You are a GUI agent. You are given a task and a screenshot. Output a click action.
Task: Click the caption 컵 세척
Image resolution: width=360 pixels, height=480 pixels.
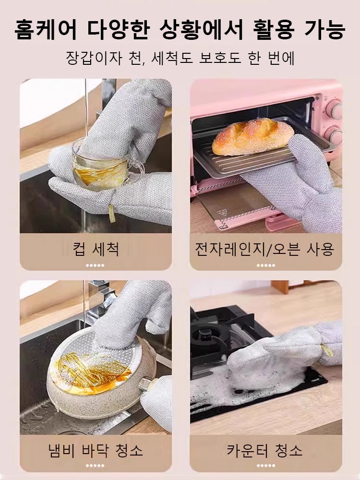tap(96, 249)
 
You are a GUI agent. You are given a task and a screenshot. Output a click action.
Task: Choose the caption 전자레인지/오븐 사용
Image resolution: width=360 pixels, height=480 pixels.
tap(264, 249)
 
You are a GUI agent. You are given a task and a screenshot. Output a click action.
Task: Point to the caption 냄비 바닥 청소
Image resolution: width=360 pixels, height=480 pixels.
tap(96, 450)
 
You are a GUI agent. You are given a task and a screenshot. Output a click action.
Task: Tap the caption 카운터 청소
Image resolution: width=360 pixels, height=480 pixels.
tap(264, 450)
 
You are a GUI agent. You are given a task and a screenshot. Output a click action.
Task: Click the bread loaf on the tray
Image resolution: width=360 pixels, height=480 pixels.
tap(252, 136)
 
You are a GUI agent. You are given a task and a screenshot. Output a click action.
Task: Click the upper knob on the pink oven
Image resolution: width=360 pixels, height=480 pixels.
tap(334, 109)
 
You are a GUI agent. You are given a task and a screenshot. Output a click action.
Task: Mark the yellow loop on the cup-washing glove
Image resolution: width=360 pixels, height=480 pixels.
tap(112, 214)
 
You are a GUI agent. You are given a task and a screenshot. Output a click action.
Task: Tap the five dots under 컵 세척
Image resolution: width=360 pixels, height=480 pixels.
tap(96, 265)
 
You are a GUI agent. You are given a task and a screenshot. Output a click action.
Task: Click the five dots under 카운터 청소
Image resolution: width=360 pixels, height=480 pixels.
tap(265, 465)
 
